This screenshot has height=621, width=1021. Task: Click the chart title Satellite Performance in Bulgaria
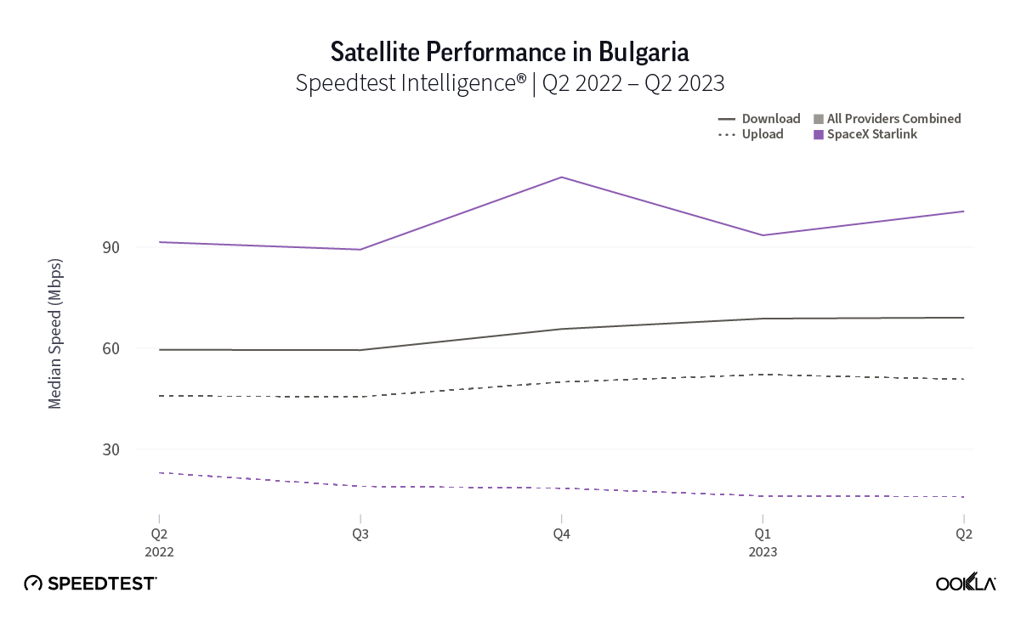click(509, 52)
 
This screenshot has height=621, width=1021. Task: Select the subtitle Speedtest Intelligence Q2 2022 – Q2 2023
click(509, 83)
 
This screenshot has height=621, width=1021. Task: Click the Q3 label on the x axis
click(360, 534)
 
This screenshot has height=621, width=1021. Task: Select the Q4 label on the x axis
click(561, 534)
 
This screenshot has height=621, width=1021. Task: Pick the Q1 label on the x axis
click(763, 534)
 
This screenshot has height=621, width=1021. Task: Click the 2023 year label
click(763, 551)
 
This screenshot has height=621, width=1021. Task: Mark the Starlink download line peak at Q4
click(561, 177)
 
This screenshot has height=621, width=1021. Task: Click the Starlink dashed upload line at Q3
click(360, 486)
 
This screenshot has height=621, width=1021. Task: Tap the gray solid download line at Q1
click(763, 319)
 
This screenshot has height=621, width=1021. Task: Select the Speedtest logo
click(90, 583)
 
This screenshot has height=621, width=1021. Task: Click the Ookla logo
click(966, 583)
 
